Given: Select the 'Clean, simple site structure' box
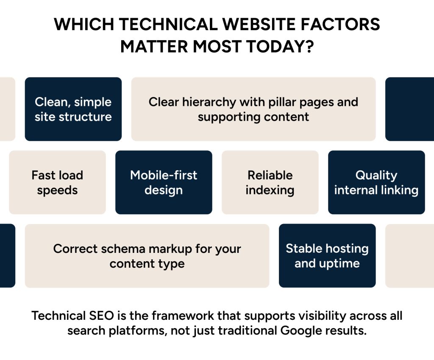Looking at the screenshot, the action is click(73, 109).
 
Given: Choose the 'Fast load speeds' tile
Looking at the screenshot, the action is click(57, 182).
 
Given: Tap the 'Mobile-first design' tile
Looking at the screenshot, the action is click(164, 182).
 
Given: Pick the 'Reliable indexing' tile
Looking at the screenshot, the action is click(270, 182).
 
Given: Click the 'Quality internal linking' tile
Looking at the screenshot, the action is click(376, 182).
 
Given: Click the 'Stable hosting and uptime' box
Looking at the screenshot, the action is click(327, 255).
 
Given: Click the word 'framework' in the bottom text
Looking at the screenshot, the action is click(182, 316).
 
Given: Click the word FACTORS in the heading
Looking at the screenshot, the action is click(340, 24).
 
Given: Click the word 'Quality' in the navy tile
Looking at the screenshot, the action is click(376, 175).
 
